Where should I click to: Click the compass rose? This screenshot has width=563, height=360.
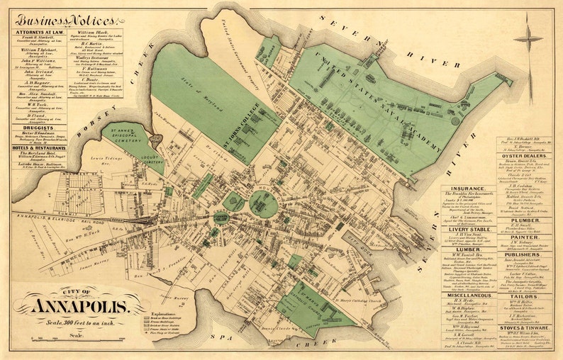pyautogui.click(x=528, y=38)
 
